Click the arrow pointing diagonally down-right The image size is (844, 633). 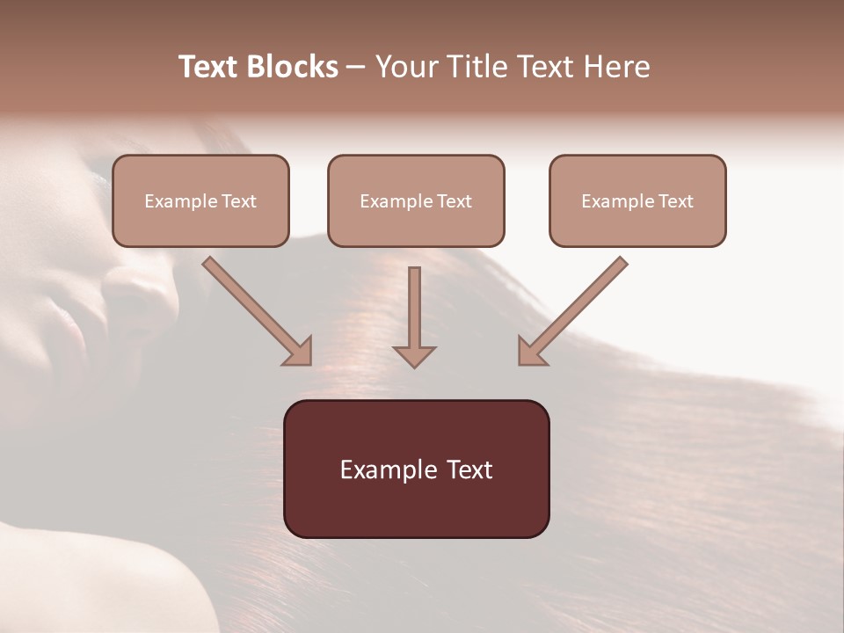coord(258,311)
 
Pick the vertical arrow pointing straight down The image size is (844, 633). coord(414,316)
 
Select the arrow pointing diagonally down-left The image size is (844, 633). coord(572,311)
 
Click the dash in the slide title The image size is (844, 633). coord(356,68)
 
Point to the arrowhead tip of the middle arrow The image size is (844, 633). coord(414,366)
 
